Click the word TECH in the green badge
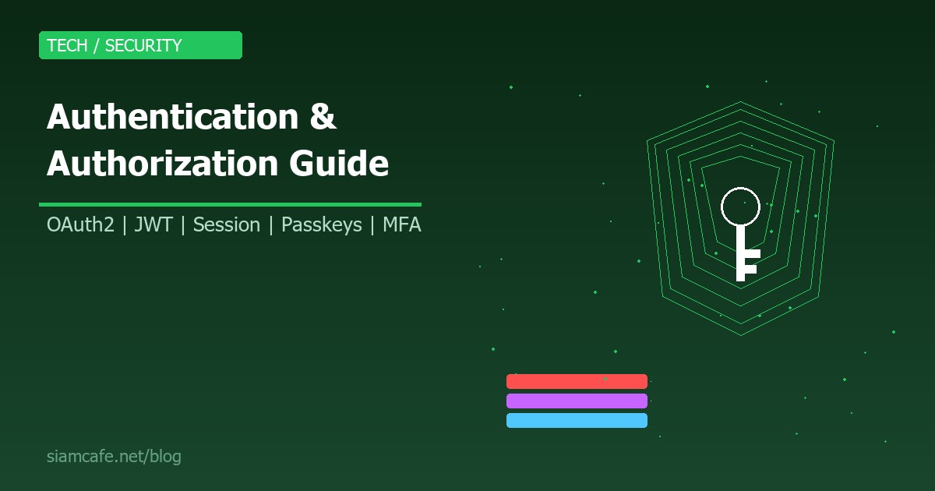click(67, 45)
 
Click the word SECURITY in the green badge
click(143, 45)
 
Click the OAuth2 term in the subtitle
click(80, 224)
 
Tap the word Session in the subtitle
click(226, 224)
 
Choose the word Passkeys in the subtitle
click(321, 224)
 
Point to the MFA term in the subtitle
click(401, 224)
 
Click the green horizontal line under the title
click(230, 204)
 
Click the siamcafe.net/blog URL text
click(114, 457)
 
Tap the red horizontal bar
click(577, 381)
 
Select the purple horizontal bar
click(577, 401)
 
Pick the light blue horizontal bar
click(577, 420)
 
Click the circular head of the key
click(740, 207)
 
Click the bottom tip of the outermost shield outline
click(740, 335)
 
